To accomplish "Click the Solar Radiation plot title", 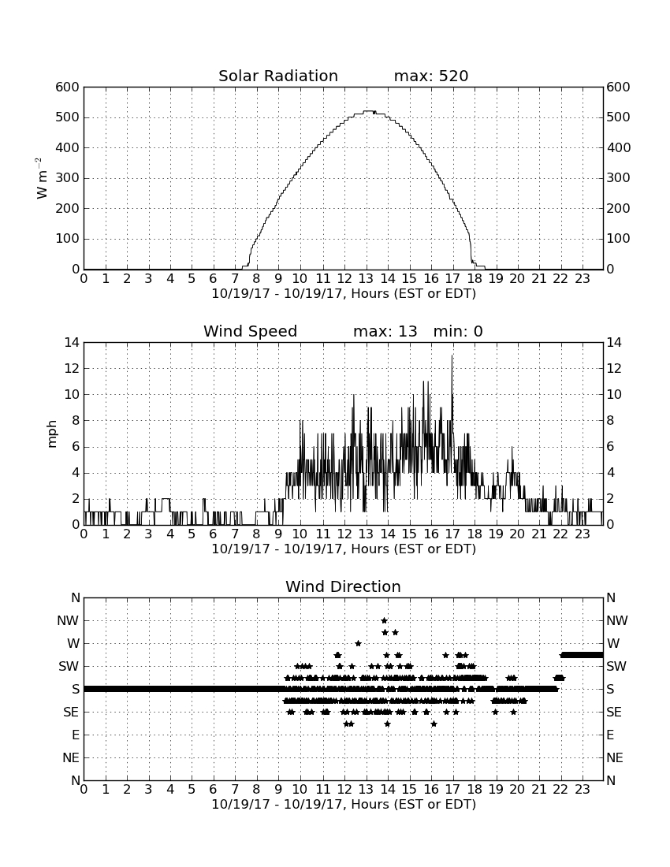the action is pyautogui.click(x=278, y=76).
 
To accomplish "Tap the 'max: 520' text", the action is pyautogui.click(x=431, y=76).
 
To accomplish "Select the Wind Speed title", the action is pyautogui.click(x=251, y=331).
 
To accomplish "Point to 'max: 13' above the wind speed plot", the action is pyautogui.click(x=385, y=331).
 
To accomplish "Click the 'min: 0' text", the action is pyautogui.click(x=458, y=331).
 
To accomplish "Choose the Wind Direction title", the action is pyautogui.click(x=344, y=586).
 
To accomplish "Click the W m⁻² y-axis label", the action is pyautogui.click(x=41, y=178).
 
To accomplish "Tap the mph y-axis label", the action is pyautogui.click(x=52, y=433).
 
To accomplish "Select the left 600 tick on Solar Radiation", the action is pyautogui.click(x=68, y=87).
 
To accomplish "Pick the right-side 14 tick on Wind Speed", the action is pyautogui.click(x=614, y=343).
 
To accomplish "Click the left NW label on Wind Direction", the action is pyautogui.click(x=68, y=621).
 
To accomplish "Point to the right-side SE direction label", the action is pyautogui.click(x=614, y=713).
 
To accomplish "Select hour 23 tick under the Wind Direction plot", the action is pyautogui.click(x=583, y=789).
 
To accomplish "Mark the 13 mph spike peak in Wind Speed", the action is pyautogui.click(x=452, y=355).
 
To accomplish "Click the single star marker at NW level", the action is pyautogui.click(x=384, y=620).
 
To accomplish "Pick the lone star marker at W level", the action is pyautogui.click(x=358, y=643).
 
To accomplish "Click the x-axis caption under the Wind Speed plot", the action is pyautogui.click(x=344, y=549).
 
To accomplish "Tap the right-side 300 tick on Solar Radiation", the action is pyautogui.click(x=618, y=178).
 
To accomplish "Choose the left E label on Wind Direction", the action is pyautogui.click(x=76, y=735).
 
